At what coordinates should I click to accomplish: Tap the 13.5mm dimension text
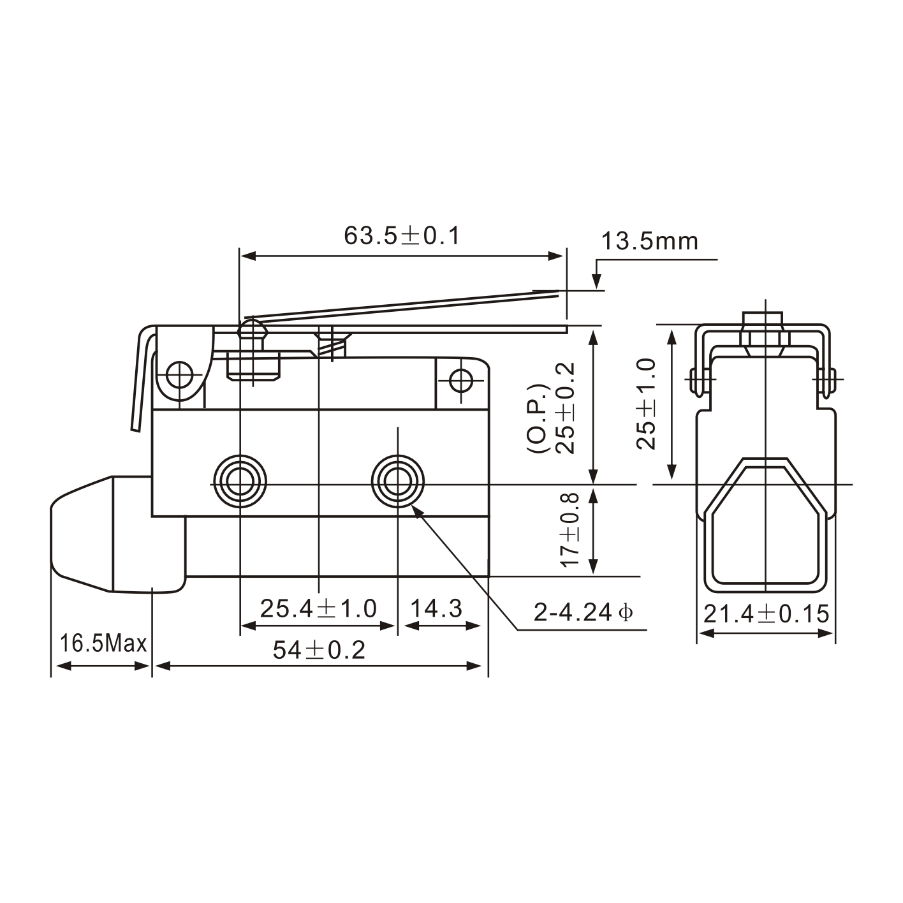649,242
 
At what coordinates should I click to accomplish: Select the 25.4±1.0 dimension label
318,609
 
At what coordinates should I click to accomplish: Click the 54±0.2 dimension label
319,650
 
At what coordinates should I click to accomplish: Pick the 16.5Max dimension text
103,643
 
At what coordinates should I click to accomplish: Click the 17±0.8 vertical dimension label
569,529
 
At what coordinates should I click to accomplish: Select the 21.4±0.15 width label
766,614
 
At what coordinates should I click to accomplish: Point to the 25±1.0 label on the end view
647,404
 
